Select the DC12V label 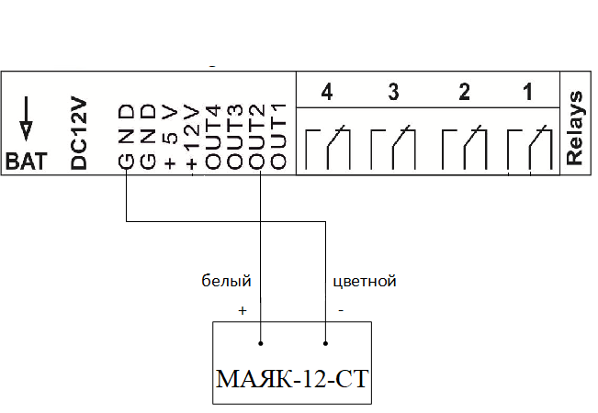point(80,135)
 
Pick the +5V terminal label point(170,138)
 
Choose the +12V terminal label point(191,138)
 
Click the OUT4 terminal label point(214,138)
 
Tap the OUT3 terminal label point(236,138)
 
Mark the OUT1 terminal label point(280,138)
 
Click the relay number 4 point(326,93)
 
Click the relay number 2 point(464,93)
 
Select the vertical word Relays point(576,128)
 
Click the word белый point(226,281)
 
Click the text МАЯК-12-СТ point(292,379)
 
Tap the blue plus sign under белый point(243,310)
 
